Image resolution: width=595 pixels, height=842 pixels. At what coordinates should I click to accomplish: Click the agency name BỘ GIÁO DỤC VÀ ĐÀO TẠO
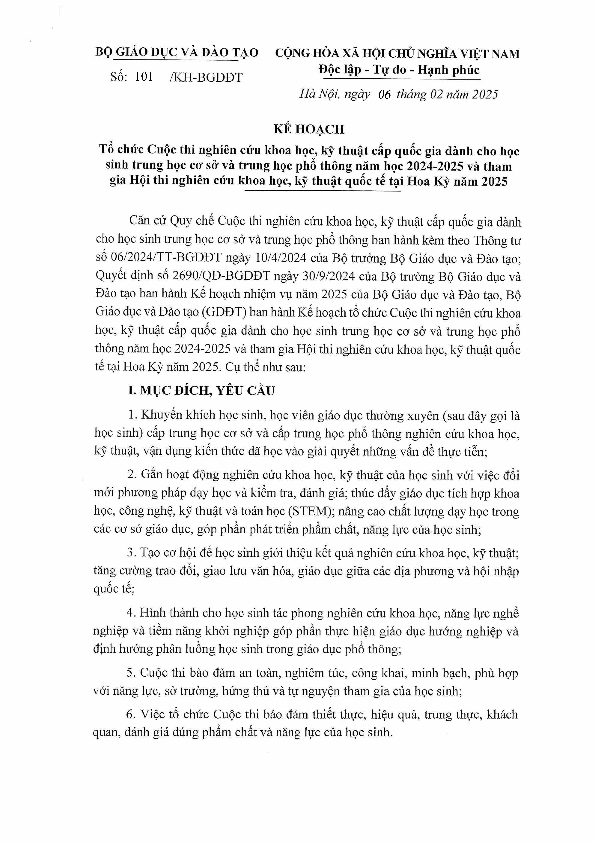(177, 52)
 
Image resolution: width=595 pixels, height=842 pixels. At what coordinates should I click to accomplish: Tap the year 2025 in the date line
(485, 94)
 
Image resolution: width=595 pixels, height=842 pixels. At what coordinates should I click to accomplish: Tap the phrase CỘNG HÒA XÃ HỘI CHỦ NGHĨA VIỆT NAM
(397, 54)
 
